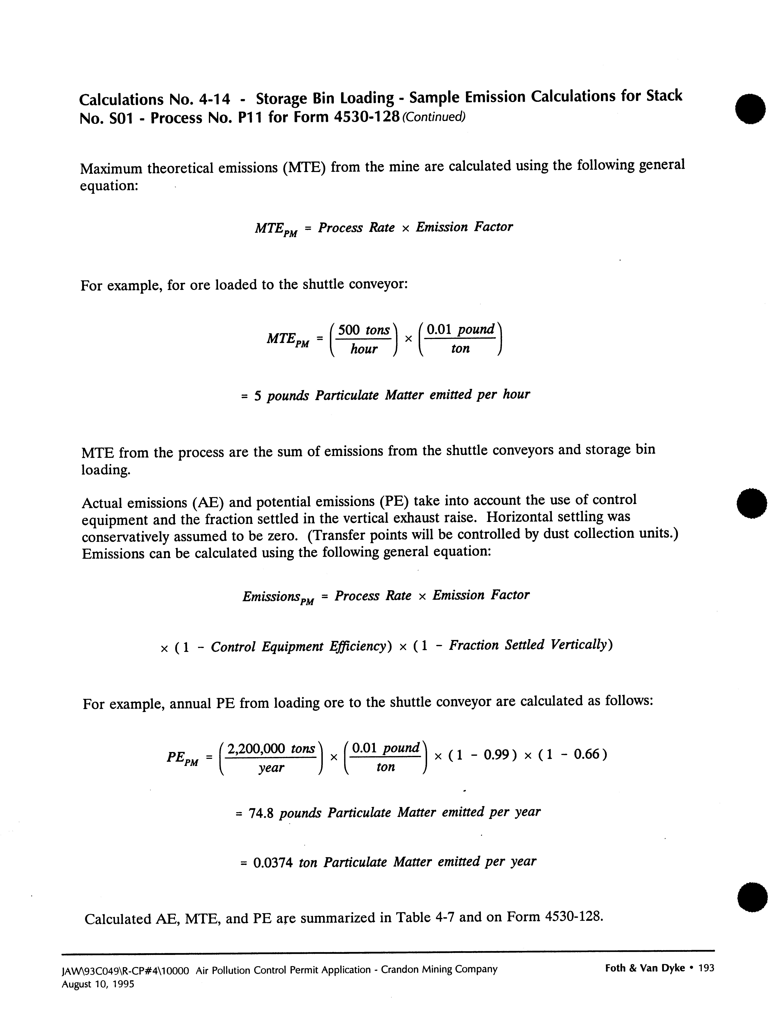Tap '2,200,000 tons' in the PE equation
pyautogui.click(x=271, y=748)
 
